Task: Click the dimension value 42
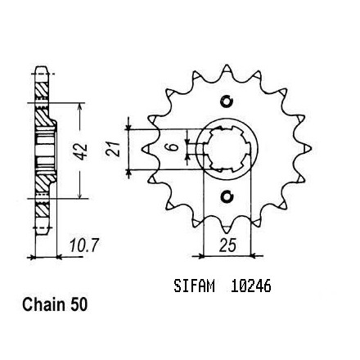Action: pyautogui.click(x=83, y=151)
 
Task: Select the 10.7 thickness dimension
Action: pyautogui.click(x=83, y=245)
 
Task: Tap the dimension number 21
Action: pyautogui.click(x=113, y=149)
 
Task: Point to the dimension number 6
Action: pyautogui.click(x=173, y=147)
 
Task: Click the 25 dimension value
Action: pyautogui.click(x=227, y=245)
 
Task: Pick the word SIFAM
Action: pyautogui.click(x=194, y=286)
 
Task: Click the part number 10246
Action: pyautogui.click(x=250, y=286)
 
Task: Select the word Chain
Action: pyautogui.click(x=43, y=304)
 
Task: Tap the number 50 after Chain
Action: pyautogui.click(x=79, y=304)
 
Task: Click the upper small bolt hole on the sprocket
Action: pyautogui.click(x=227, y=101)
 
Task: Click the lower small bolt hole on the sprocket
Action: pyautogui.click(x=227, y=196)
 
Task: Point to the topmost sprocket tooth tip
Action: pyautogui.click(x=227, y=65)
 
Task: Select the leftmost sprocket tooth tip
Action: pyautogui.click(x=145, y=149)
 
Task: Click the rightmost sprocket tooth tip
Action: pyautogui.click(x=309, y=148)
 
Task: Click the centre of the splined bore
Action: pyautogui.click(x=227, y=149)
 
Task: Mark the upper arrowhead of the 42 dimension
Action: pyautogui.click(x=79, y=106)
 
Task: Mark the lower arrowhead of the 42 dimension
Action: pyautogui.click(x=79, y=195)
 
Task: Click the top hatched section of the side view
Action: pyautogui.click(x=42, y=90)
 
